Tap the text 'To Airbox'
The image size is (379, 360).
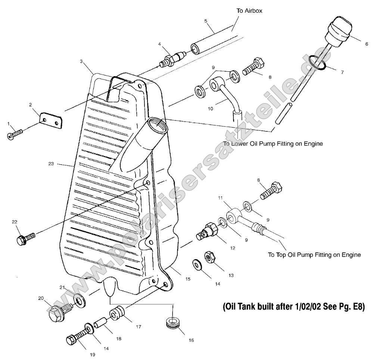coord(249,11)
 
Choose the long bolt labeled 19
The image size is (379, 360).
coord(77,337)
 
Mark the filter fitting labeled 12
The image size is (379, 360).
coord(205,232)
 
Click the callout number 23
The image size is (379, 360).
coord(51,164)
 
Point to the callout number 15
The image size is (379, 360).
coord(187,279)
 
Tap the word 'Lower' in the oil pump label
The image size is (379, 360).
coord(240,143)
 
